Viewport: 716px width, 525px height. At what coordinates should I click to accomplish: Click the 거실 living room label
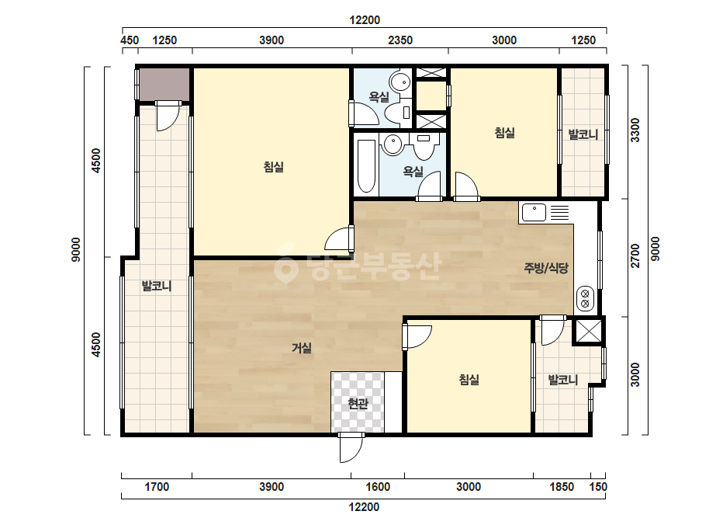point(302,349)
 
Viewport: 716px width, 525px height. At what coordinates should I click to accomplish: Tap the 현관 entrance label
point(358,404)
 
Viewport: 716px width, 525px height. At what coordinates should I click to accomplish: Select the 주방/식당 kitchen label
point(545,268)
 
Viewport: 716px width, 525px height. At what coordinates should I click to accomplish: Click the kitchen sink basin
point(534,213)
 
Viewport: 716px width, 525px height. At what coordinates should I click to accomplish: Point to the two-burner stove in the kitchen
point(585,299)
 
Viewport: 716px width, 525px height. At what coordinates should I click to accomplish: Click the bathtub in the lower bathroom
point(366,166)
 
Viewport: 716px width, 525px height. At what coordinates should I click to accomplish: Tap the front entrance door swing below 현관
point(351,448)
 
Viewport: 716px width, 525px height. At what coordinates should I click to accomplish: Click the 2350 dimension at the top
point(400,40)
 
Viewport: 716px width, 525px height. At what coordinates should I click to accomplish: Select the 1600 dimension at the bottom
point(378,487)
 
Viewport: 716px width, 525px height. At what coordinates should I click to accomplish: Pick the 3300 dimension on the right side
point(635,130)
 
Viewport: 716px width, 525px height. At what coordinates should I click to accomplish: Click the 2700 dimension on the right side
point(635,256)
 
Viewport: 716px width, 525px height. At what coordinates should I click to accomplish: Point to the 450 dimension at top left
point(130,40)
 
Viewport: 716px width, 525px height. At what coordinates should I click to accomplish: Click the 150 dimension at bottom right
point(598,487)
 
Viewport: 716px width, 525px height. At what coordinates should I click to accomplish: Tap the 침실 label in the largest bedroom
point(274,167)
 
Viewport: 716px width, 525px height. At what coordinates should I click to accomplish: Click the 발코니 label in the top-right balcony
point(583,134)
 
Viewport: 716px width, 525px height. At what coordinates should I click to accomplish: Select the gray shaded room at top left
point(164,85)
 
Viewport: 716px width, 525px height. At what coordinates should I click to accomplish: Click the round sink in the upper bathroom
point(400,82)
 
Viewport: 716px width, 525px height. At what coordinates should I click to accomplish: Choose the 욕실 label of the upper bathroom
point(379,97)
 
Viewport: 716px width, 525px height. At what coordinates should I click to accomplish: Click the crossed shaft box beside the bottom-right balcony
point(588,331)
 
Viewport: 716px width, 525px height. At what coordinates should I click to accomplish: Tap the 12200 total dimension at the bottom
point(364,506)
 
